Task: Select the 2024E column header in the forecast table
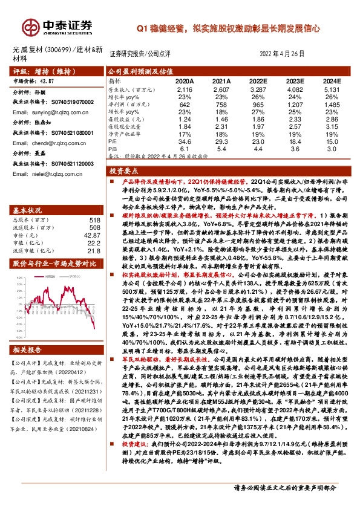[x=332, y=80]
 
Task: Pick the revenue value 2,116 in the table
[x=185, y=89]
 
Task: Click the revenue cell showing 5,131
[x=333, y=89]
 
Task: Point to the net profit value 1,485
[x=333, y=105]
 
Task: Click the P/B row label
[x=113, y=148]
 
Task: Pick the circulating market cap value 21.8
[x=94, y=251]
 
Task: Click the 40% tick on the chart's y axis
[x=19, y=278]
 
